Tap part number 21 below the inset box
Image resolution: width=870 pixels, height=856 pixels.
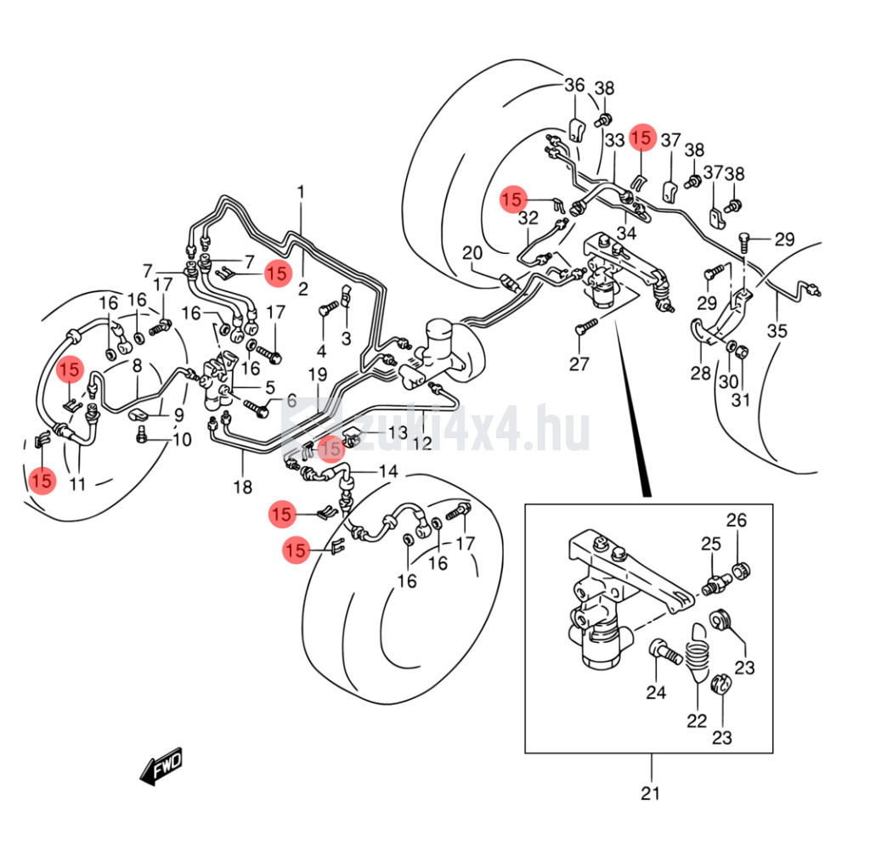click(650, 794)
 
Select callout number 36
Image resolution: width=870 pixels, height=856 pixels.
click(575, 85)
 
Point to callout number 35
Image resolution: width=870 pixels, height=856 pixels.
click(777, 331)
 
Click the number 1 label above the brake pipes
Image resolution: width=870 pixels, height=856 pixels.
click(300, 192)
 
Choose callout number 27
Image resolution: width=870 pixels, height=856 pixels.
click(579, 365)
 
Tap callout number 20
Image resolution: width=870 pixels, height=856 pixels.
click(472, 252)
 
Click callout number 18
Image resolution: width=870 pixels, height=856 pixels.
click(243, 487)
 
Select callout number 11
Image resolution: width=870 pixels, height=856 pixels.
click(78, 485)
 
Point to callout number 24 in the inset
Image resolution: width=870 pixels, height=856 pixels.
click(655, 693)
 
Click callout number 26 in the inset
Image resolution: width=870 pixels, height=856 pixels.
click(736, 520)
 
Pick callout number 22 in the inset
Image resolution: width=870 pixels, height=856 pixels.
click(697, 721)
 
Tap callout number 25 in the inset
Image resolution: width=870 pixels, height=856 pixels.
click(710, 543)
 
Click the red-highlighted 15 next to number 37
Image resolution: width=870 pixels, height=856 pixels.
click(642, 138)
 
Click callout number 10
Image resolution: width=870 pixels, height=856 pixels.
click(182, 440)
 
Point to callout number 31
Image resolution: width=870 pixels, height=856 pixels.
click(741, 399)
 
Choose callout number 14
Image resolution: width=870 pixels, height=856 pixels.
click(387, 471)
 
